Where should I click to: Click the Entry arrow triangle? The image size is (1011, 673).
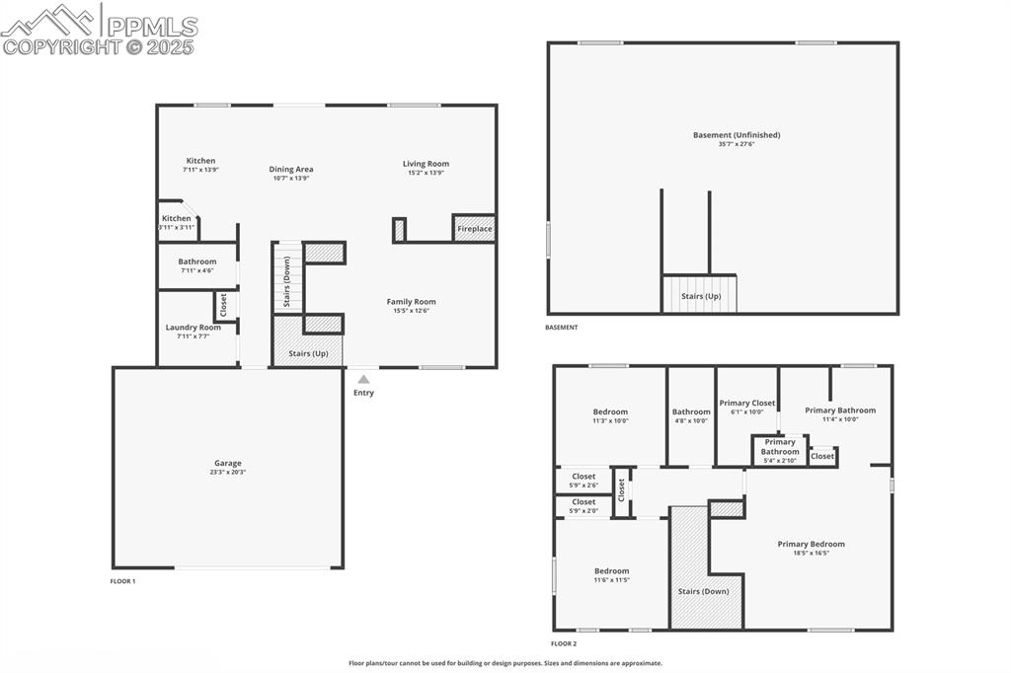coord(363,378)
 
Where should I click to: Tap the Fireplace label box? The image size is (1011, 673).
coord(474,229)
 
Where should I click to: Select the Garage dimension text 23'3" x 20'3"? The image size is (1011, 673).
coord(228,473)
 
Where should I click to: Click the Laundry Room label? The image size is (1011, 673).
coord(193,328)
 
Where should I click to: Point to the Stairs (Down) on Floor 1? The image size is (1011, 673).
coord(287,280)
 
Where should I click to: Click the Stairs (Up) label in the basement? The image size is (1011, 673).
coord(700,296)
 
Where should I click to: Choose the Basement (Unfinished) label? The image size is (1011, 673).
coord(723,135)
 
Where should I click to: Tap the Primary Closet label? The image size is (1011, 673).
coord(747,403)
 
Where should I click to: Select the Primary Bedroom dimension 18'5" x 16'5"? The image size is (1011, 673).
coord(811,553)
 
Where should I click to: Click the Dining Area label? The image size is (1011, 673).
coord(290,169)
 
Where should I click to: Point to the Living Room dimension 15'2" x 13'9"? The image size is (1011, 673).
coord(426,173)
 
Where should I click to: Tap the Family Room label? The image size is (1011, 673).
coord(411,302)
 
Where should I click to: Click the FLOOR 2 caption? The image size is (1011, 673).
coord(564,643)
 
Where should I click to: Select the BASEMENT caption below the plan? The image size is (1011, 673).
coord(562,328)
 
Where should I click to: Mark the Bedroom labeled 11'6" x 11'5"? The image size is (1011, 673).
coord(611,571)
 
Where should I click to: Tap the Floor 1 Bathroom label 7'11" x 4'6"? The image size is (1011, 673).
coord(197,262)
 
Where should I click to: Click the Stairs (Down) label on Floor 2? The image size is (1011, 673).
coord(703,591)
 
